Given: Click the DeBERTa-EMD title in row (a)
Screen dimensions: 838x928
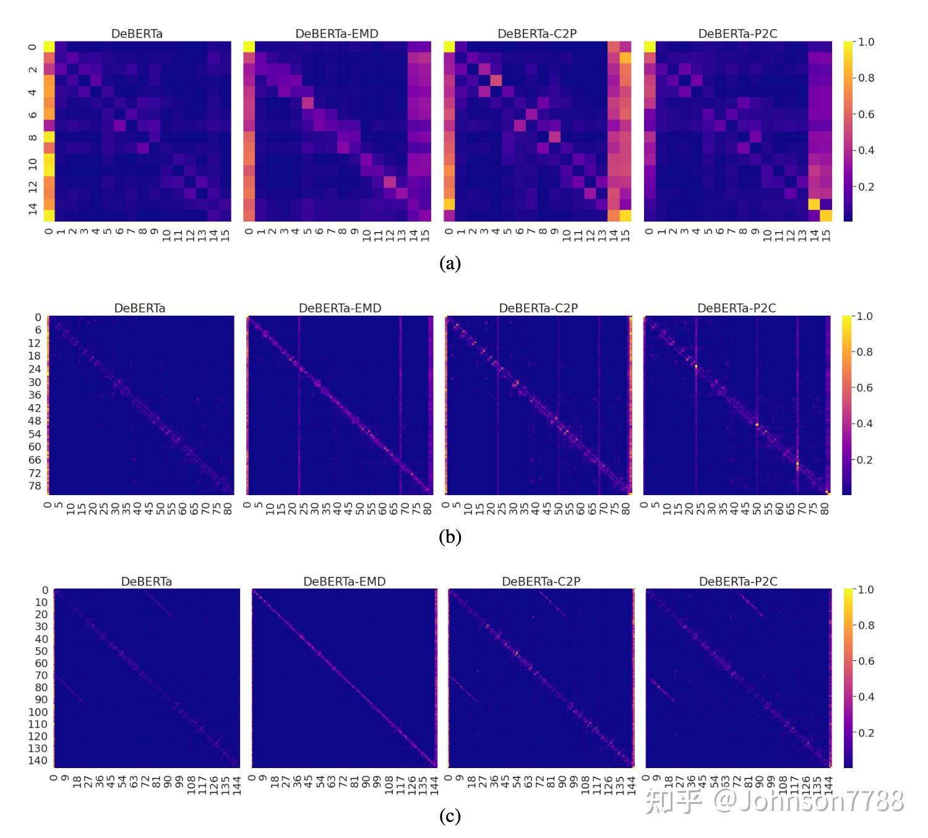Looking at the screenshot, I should (337, 34).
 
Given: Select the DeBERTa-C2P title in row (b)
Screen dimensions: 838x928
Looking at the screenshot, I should (538, 308).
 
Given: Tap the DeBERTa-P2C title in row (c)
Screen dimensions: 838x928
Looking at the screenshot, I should (738, 582).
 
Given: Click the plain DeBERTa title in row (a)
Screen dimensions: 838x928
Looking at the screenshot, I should (137, 34).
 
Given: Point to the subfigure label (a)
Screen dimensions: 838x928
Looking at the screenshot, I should (450, 264).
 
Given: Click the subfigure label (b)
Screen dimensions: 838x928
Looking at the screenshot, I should (450, 537).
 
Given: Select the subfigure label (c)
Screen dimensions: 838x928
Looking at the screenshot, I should (450, 816).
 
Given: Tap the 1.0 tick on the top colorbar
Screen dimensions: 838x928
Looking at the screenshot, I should (866, 42).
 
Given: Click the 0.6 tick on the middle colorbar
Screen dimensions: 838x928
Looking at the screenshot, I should (866, 388).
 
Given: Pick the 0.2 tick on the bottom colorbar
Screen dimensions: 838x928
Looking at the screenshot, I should (866, 733).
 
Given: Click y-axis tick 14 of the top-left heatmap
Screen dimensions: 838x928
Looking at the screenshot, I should (33, 209).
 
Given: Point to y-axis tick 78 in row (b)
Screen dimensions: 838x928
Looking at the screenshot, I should (35, 486).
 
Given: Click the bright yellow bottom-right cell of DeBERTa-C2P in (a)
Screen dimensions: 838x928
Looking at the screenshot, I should (625, 215).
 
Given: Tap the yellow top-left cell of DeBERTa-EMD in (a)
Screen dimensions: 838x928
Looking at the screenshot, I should (249, 47).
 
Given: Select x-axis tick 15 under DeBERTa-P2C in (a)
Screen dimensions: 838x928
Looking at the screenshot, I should (827, 235).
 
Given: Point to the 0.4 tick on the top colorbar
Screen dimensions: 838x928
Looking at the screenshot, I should (866, 150).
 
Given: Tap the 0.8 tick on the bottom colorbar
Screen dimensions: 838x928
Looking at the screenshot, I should (866, 626).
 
